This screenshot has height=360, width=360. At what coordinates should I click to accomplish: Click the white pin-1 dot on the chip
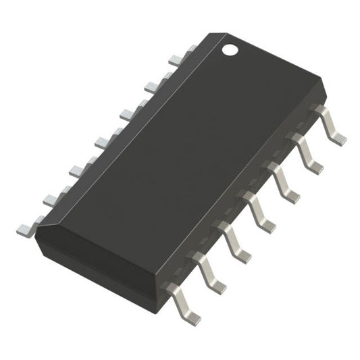click(x=231, y=49)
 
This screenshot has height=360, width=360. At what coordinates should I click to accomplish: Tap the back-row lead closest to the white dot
click(x=190, y=49)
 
